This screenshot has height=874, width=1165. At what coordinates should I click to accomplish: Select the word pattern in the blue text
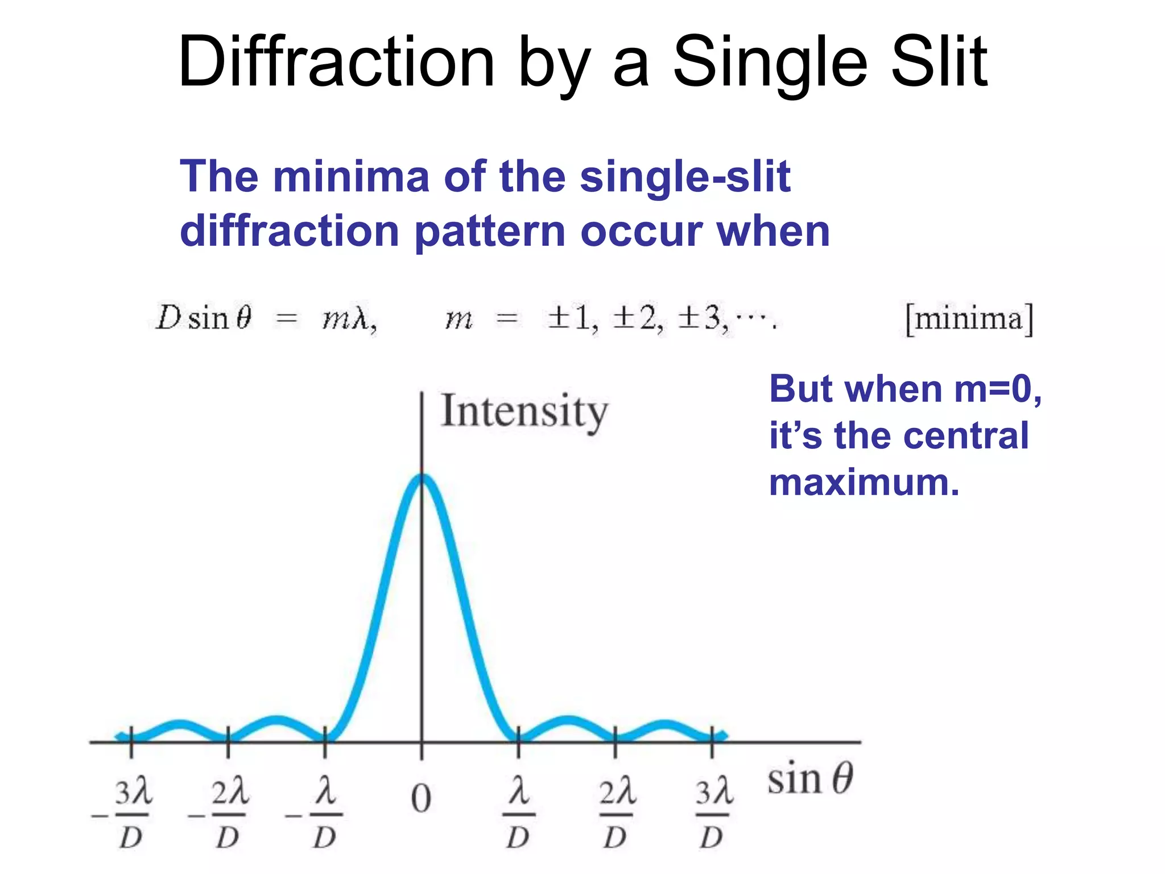point(489,232)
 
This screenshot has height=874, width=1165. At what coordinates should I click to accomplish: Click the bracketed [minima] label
point(969,319)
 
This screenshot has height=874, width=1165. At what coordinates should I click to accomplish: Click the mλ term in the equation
point(348,319)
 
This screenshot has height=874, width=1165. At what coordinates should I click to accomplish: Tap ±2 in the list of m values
point(637,319)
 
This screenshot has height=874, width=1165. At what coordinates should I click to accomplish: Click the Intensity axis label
point(524,411)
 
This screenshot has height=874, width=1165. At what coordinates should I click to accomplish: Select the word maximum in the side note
point(864,483)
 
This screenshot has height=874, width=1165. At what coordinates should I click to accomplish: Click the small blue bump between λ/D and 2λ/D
point(567,721)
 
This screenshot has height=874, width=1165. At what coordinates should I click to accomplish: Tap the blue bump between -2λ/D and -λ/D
point(276,721)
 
